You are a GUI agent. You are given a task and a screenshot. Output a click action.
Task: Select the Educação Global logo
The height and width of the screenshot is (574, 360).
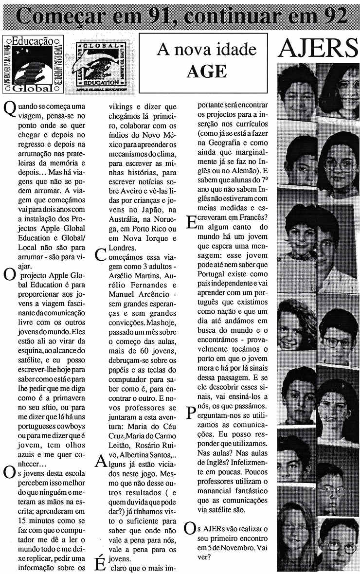pyautogui.click(x=31, y=63)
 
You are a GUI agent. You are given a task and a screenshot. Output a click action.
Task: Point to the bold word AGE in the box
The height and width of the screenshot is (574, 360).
pyautogui.click(x=207, y=72)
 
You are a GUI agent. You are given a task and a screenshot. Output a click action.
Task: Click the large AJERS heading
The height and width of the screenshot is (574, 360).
pyautogui.click(x=319, y=49)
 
